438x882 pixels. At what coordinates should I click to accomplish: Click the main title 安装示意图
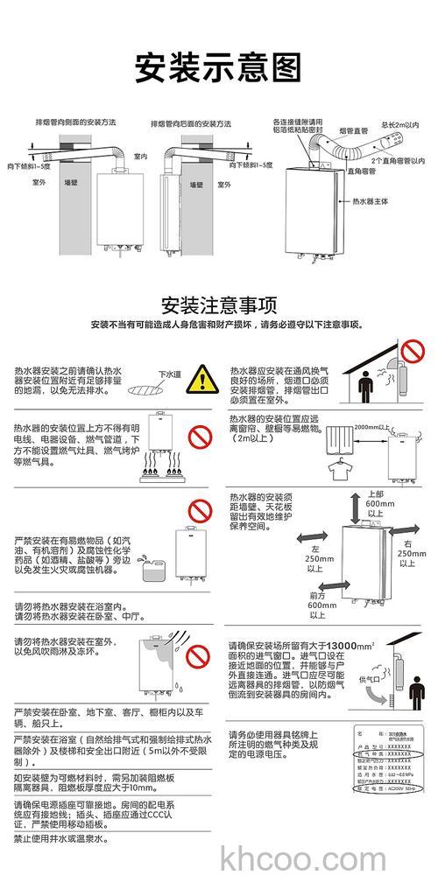pos(218,66)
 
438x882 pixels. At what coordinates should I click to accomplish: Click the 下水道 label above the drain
pos(168,374)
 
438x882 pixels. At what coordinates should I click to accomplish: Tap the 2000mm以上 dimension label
pos(369,427)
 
